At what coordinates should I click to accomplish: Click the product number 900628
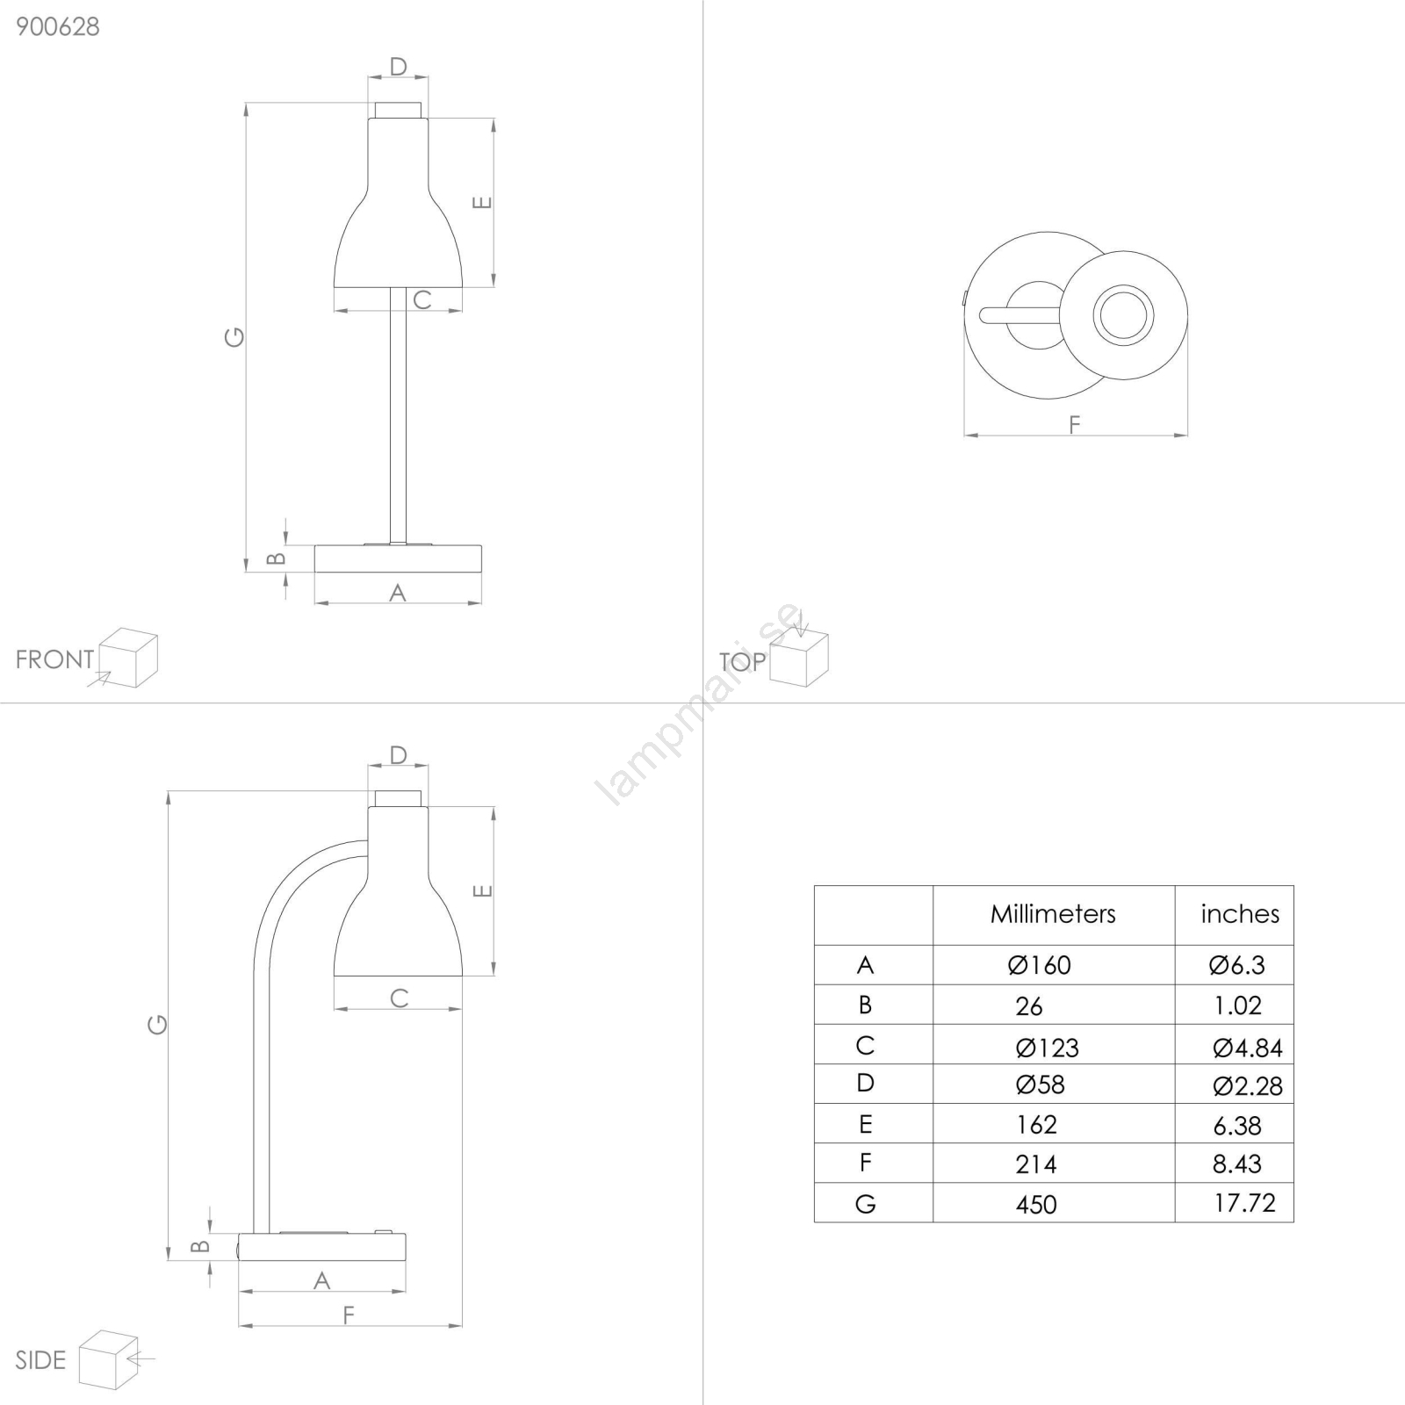click(58, 26)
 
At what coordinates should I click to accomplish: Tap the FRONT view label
click(54, 659)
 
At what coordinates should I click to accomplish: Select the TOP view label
click(742, 662)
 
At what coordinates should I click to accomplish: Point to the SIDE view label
click(40, 1360)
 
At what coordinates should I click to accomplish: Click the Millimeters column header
click(1053, 914)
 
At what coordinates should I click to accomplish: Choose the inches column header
click(1240, 914)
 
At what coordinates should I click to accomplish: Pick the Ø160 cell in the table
click(1040, 965)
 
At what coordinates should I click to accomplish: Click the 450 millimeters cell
click(1036, 1204)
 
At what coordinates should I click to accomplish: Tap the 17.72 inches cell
click(1244, 1203)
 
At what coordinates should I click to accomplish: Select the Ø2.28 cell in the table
click(1248, 1086)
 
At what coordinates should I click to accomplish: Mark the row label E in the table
click(866, 1124)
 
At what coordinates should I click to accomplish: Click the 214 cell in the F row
click(1036, 1164)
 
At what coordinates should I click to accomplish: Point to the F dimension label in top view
click(1075, 425)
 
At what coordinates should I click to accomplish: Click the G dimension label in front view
click(234, 336)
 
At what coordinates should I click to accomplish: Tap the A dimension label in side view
click(322, 1280)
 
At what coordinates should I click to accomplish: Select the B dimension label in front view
click(276, 558)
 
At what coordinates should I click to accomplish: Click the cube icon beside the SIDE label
click(109, 1359)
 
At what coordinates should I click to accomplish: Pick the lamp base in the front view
click(398, 558)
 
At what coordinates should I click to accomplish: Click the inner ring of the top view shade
click(1123, 315)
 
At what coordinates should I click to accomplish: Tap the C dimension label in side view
click(399, 998)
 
